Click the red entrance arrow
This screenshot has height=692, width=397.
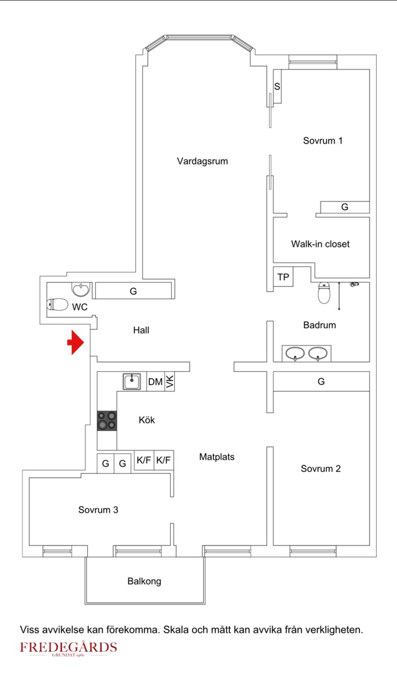point(76,342)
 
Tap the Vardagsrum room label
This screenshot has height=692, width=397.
point(202,161)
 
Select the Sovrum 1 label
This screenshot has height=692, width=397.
point(322,141)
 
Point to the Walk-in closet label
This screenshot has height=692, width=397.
point(320,244)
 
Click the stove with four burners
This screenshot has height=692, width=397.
point(107,421)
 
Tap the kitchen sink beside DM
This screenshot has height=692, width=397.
point(132,382)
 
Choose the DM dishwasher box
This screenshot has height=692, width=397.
point(155,382)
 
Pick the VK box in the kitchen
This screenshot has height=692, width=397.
point(170,382)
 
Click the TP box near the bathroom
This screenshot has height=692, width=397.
point(283,277)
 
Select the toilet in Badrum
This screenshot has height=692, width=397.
point(324,293)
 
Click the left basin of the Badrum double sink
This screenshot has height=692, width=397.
point(295,354)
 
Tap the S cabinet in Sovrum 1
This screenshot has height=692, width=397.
point(277,86)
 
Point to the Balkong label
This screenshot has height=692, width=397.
point(144,581)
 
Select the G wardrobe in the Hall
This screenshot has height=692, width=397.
point(133,291)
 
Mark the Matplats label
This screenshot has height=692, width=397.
point(216,457)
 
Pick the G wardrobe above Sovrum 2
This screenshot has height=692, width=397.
point(321,382)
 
